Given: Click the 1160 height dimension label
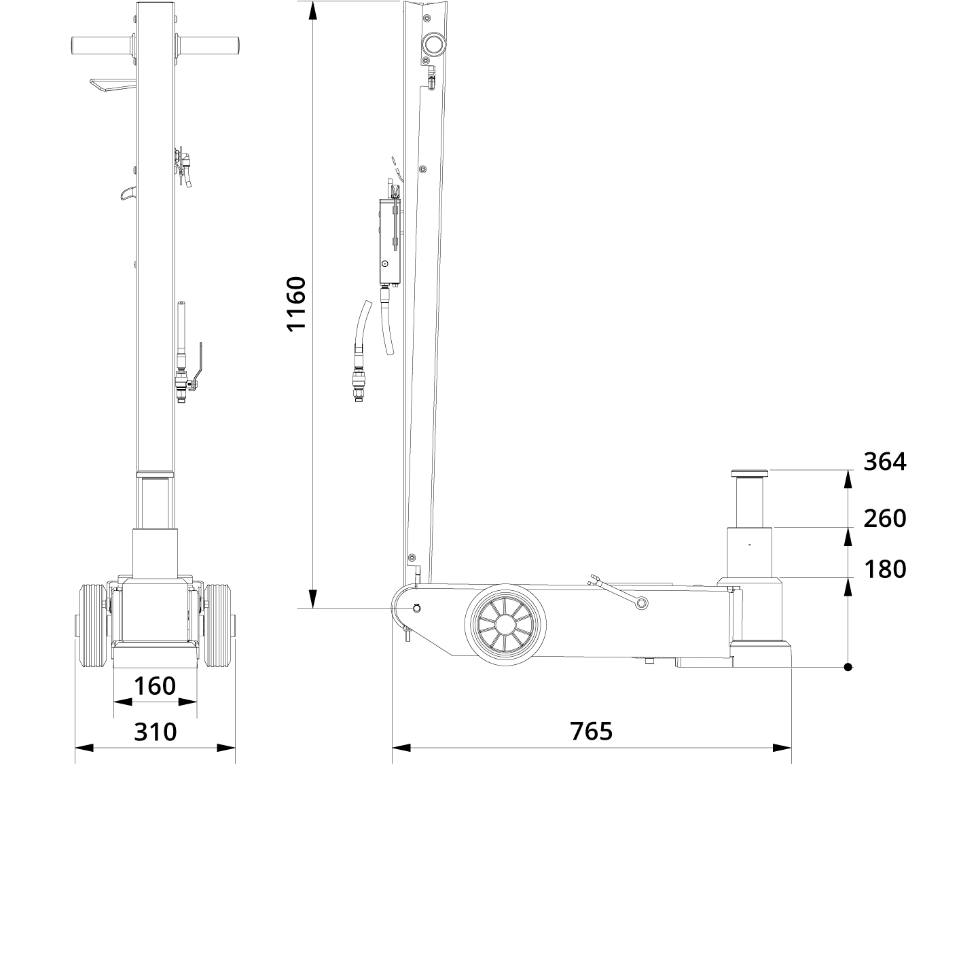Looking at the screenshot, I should (297, 303).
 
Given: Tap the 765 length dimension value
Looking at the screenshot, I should (591, 731).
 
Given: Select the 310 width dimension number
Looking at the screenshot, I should (155, 731).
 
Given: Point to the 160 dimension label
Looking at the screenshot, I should (155, 686).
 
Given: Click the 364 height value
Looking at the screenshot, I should (884, 462).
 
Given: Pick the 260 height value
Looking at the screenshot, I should (884, 519).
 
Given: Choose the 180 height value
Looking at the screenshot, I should (884, 569).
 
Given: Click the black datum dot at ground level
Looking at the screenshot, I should (848, 667).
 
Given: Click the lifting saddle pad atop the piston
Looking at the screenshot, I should (750, 473).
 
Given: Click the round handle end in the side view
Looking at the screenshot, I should (433, 46).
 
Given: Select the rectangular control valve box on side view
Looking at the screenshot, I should (389, 242).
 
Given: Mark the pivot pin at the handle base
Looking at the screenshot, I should (416, 608).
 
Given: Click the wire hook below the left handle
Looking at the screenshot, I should (112, 85).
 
